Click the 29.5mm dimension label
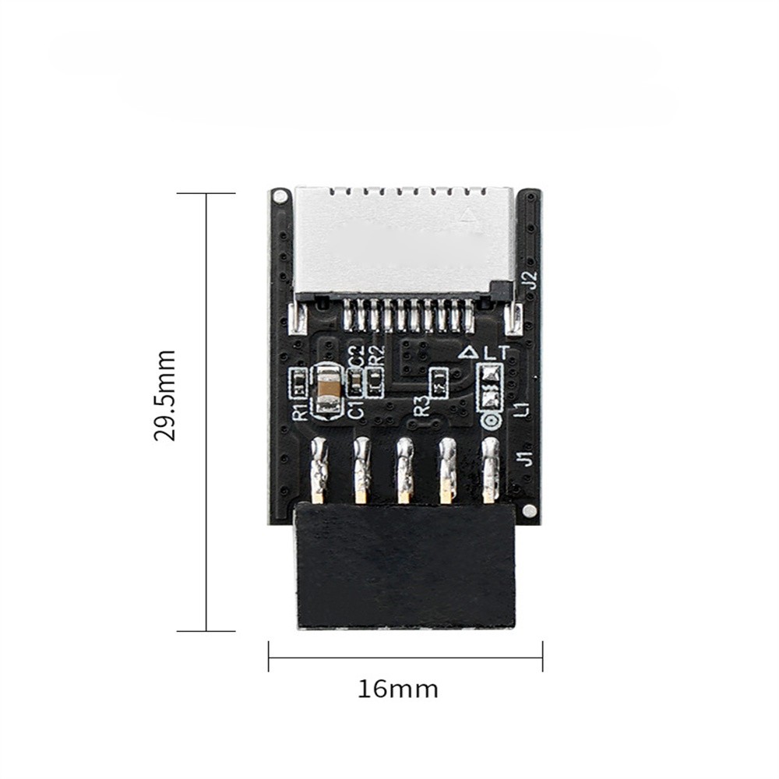pos(165,395)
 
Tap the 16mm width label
pos(398,689)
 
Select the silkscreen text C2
pos(355,356)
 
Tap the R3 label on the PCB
pos(421,405)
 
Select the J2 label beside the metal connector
pos(530,280)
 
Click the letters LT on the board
pos(495,352)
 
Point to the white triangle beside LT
pos(469,352)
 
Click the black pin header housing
pos(405,565)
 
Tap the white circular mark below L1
pos(491,421)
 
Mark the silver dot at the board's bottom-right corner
pos(529,511)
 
